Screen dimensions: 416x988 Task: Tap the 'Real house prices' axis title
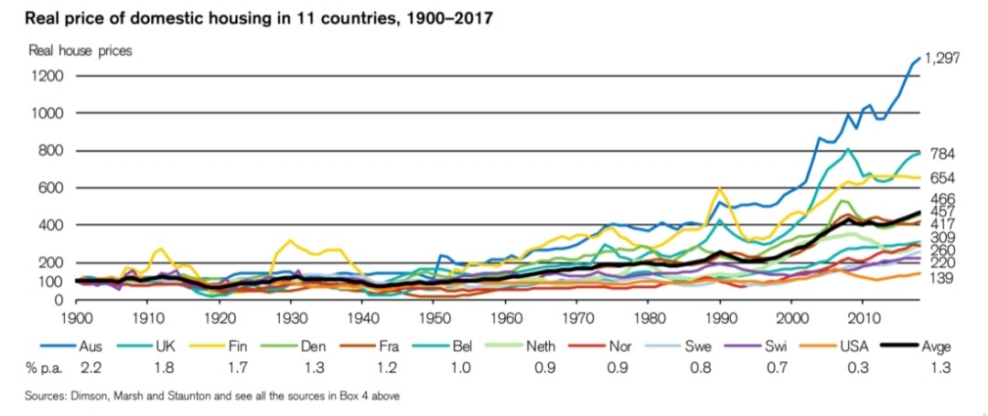tap(81, 51)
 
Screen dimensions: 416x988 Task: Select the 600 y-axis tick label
tap(49, 187)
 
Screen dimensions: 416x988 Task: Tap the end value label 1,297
tap(941, 58)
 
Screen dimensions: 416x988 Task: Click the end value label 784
tap(943, 154)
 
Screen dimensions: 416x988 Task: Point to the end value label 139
tap(943, 276)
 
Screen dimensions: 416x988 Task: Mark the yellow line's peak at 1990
tap(720, 189)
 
